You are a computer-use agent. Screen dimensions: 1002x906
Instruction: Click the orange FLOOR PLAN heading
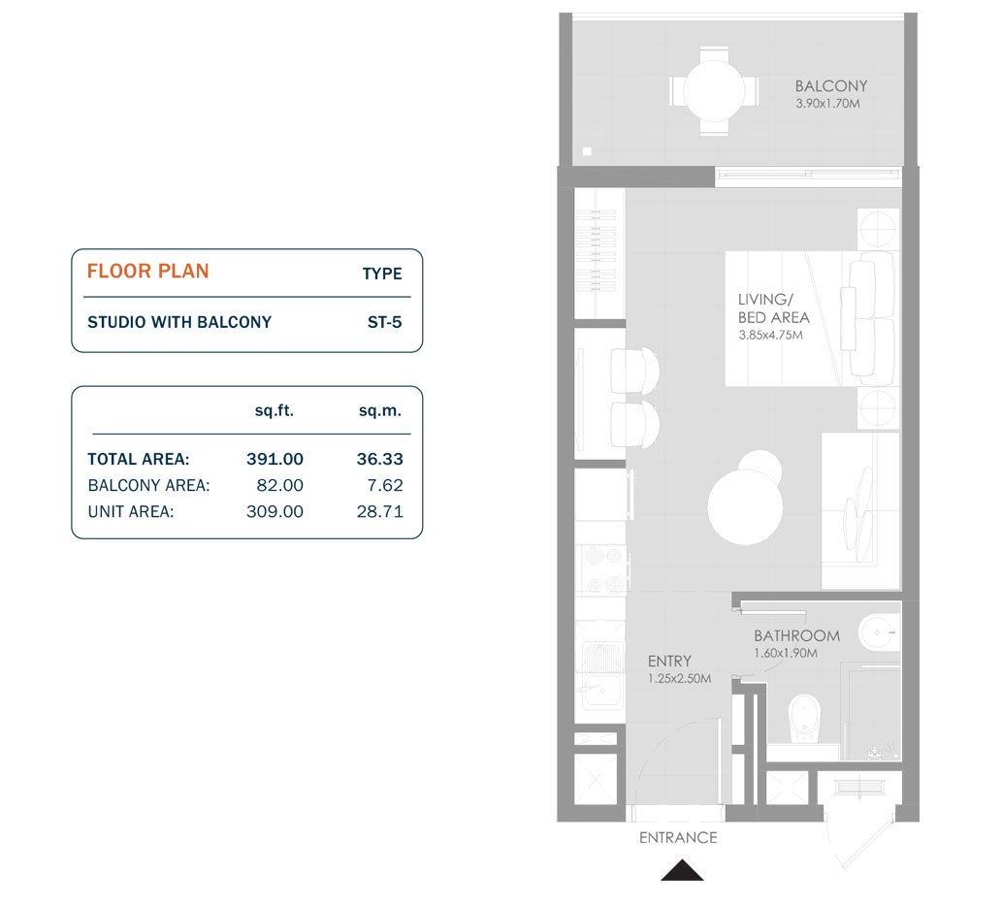pyautogui.click(x=147, y=271)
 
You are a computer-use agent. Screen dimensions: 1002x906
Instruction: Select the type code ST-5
pyautogui.click(x=385, y=322)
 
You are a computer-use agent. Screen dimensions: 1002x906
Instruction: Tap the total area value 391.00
pyautogui.click(x=275, y=459)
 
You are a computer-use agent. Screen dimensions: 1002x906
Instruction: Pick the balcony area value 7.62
pyautogui.click(x=385, y=485)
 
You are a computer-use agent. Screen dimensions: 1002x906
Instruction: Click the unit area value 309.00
pyautogui.click(x=275, y=511)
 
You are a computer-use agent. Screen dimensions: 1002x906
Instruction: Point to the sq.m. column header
pyautogui.click(x=380, y=410)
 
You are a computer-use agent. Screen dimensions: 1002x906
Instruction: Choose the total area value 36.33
pyautogui.click(x=379, y=459)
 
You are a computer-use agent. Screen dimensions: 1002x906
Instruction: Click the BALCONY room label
pyautogui.click(x=830, y=85)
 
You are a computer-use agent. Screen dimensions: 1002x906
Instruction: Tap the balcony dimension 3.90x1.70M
pyautogui.click(x=827, y=103)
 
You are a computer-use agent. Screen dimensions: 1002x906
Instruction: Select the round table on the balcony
pyautogui.click(x=714, y=91)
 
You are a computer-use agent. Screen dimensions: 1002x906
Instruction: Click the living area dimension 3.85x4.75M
pyautogui.click(x=771, y=335)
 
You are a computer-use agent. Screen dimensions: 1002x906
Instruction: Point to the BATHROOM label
pyautogui.click(x=797, y=635)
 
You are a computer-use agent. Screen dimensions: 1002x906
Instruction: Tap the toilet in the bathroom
pyautogui.click(x=804, y=719)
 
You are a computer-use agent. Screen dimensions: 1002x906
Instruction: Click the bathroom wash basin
pyautogui.click(x=879, y=632)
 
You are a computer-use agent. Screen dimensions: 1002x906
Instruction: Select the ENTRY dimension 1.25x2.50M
pyautogui.click(x=679, y=679)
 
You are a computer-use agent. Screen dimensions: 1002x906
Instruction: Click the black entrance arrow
pyautogui.click(x=682, y=870)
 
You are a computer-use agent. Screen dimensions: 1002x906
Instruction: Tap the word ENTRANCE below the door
pyautogui.click(x=678, y=838)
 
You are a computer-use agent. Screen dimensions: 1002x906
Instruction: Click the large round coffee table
pyautogui.click(x=745, y=506)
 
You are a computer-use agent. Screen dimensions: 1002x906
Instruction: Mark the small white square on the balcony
pyautogui.click(x=587, y=151)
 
